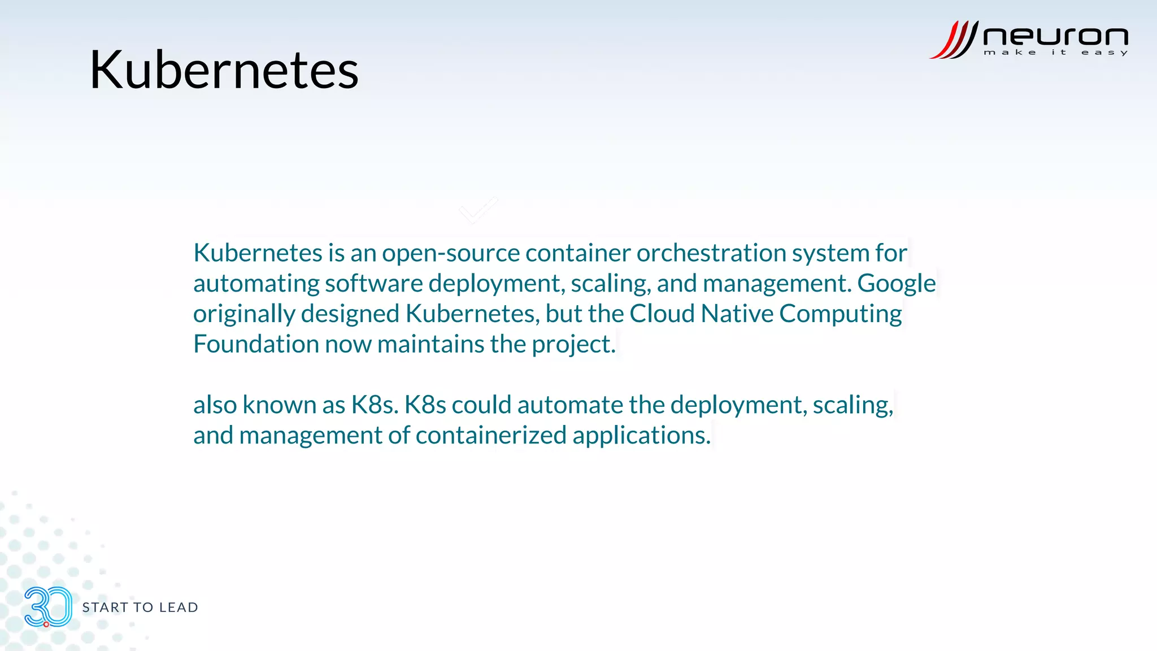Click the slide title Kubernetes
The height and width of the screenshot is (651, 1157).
pyautogui.click(x=224, y=70)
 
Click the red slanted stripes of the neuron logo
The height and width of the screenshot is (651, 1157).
pyautogui.click(x=954, y=40)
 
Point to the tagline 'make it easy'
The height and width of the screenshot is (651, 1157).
pyautogui.click(x=1055, y=53)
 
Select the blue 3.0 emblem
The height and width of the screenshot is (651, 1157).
pyautogui.click(x=48, y=606)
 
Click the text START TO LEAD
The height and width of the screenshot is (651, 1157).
pyautogui.click(x=140, y=607)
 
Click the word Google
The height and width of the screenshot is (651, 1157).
pyautogui.click(x=896, y=283)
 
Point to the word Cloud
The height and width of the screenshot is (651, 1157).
pyautogui.click(x=662, y=314)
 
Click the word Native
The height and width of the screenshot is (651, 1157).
pyautogui.click(x=737, y=314)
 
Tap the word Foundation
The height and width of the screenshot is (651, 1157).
pyautogui.click(x=256, y=344)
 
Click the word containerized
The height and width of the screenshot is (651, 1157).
pyautogui.click(x=491, y=435)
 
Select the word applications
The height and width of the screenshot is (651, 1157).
pyautogui.click(x=641, y=435)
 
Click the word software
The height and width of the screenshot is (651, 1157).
pyautogui.click(x=373, y=283)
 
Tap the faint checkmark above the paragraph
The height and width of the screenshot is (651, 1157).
pyautogui.click(x=478, y=210)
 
